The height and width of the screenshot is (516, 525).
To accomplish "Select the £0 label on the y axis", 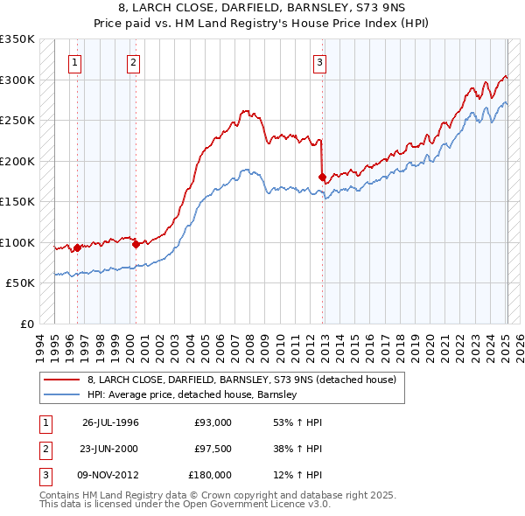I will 26,324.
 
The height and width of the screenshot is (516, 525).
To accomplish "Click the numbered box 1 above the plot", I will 75,62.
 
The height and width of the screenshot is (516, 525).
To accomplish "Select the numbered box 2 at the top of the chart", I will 133,62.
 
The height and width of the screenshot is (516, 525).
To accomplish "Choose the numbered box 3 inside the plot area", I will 320,62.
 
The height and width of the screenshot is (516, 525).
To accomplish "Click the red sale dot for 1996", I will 77,248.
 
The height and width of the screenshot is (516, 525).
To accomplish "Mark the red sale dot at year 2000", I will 136,245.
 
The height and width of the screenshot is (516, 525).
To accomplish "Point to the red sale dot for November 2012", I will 322,178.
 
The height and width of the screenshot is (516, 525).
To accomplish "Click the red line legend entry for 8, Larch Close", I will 241,380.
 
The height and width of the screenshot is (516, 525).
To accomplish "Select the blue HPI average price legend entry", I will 192,394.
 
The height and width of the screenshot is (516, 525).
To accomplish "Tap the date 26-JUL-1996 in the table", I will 110,422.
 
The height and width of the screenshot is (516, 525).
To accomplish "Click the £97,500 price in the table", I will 213,449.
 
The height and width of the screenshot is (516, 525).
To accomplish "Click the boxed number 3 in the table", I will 44,475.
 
